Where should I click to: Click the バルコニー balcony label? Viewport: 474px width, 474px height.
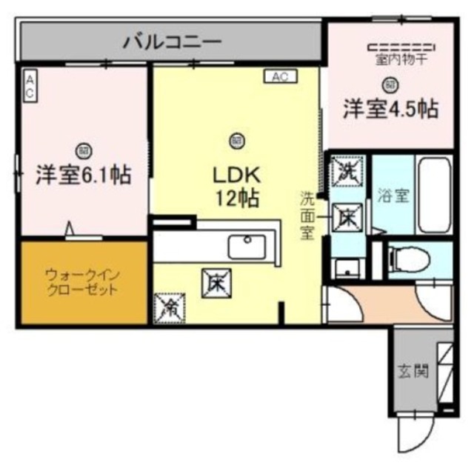(x=171, y=41)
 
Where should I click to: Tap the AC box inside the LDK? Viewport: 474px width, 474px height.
(x=280, y=76)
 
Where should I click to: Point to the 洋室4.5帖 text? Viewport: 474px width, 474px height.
(x=390, y=109)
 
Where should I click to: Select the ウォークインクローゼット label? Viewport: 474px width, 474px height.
(x=82, y=282)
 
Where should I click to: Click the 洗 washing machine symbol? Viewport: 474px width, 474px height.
(x=346, y=172)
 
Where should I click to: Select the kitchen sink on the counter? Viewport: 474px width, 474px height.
(x=247, y=246)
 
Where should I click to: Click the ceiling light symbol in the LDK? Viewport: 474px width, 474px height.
(x=236, y=138)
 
